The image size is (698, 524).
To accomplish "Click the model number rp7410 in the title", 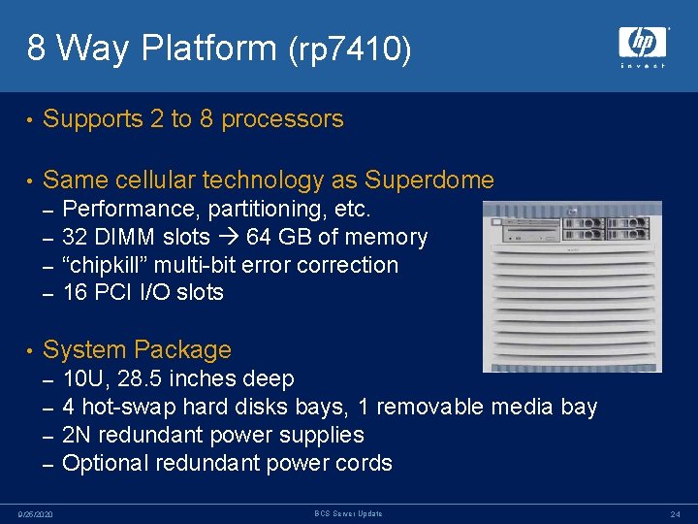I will (350, 49).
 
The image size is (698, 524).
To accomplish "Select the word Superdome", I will (428, 180).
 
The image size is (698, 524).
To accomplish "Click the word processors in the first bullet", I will (282, 119).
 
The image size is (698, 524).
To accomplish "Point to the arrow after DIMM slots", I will (229, 238).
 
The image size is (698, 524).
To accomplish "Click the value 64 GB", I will (276, 238).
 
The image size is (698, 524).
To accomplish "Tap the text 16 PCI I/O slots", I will (143, 292).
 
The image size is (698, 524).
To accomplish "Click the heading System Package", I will (137, 349).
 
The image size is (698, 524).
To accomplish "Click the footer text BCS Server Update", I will (348, 513).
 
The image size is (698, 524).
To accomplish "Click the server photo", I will (572, 286).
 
